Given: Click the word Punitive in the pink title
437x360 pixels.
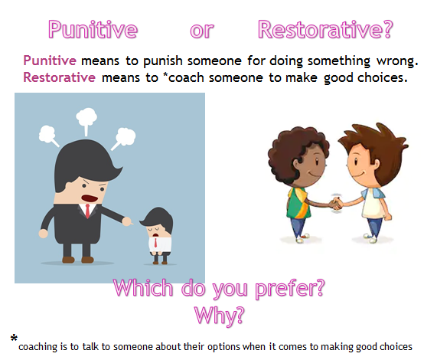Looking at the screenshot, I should point(93,30).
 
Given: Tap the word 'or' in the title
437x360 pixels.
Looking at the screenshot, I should point(201,31).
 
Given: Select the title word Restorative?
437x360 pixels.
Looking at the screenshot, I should point(325,30).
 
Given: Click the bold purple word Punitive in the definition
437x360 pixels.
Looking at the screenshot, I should point(49,61).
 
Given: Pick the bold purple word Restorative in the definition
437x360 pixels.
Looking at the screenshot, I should point(60,77).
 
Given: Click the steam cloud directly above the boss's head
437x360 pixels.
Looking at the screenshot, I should point(86,119).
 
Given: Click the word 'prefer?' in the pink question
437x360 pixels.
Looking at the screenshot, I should point(288,290).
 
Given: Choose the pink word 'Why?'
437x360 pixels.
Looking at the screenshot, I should point(219,314).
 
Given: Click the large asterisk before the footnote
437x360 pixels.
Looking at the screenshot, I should point(14,338).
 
